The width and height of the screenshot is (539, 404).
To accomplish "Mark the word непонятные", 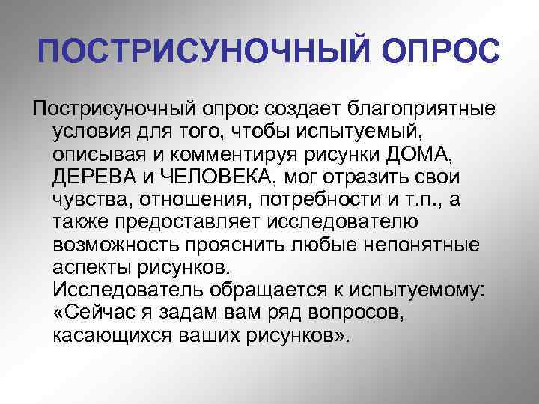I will [424, 245].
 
